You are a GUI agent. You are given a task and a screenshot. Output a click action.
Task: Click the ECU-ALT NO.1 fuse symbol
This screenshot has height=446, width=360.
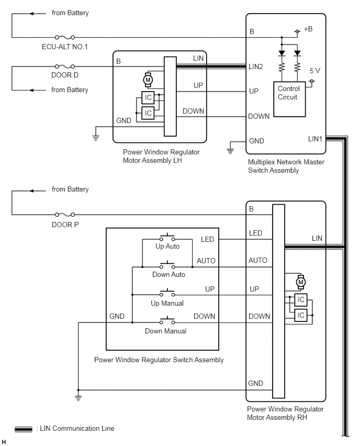click(x=65, y=37)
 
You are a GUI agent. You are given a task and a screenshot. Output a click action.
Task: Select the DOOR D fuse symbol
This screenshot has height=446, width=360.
click(x=65, y=66)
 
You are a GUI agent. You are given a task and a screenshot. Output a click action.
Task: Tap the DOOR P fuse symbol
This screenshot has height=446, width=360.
click(x=65, y=215)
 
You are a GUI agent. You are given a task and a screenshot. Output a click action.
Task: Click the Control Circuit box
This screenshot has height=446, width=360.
click(x=289, y=99)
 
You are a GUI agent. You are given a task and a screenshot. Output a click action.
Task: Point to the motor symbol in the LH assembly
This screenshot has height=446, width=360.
click(x=148, y=80)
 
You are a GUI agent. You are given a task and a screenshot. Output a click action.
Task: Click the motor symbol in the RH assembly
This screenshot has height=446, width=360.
click(x=300, y=283)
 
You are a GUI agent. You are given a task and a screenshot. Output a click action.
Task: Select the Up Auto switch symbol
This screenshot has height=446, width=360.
click(x=167, y=238)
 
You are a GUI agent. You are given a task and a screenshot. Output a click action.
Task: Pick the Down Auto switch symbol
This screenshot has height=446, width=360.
click(x=167, y=265)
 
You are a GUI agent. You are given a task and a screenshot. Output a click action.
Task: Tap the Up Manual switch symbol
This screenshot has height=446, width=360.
click(x=167, y=293)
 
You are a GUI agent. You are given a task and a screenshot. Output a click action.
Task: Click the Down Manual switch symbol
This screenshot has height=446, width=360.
click(x=167, y=321)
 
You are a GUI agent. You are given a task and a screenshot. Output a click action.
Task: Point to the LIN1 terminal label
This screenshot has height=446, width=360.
click(x=315, y=139)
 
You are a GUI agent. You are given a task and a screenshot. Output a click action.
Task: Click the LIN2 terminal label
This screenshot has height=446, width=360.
click(x=256, y=66)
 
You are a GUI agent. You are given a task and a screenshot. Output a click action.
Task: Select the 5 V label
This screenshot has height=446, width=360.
click(x=315, y=71)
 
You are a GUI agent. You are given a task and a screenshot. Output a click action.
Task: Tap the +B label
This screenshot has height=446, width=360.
click(x=308, y=29)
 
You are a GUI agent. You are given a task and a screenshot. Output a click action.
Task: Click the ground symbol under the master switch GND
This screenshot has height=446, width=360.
click(x=230, y=151)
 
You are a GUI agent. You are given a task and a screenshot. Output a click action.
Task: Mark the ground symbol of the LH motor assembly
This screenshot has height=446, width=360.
click(x=96, y=138)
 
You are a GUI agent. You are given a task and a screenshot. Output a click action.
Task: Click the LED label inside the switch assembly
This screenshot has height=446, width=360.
click(x=207, y=240)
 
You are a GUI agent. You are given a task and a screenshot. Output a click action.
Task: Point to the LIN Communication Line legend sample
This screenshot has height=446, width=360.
click(x=24, y=429)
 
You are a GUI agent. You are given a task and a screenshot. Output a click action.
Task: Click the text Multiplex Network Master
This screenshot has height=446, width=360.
click(x=286, y=162)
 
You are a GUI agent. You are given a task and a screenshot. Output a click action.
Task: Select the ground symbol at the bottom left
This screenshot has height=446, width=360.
click(x=78, y=398)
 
